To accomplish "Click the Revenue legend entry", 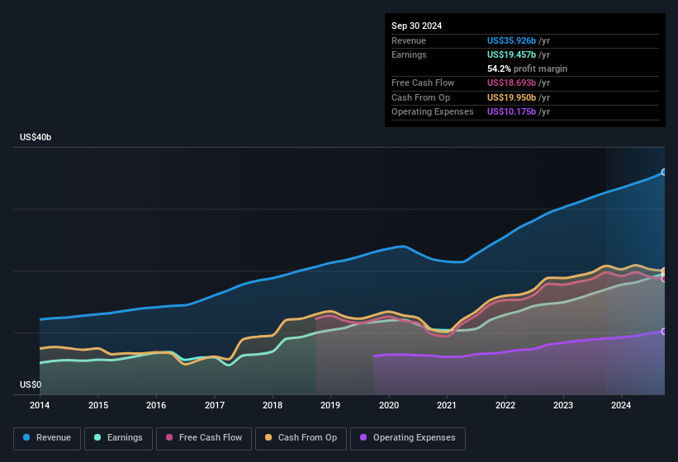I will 47,437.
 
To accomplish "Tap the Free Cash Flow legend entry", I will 203,437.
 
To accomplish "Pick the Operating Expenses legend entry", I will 407,437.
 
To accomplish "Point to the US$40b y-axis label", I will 36,138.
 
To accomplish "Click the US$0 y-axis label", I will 31,384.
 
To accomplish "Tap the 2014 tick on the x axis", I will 40,405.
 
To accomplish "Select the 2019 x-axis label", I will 330,405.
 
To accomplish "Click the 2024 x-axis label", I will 621,405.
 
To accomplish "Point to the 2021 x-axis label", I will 447,405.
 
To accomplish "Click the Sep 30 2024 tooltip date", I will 416,26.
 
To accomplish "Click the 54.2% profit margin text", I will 527,68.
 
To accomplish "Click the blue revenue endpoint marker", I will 664,172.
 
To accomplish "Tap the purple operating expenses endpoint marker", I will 664,332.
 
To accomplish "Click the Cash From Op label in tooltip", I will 420,97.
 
